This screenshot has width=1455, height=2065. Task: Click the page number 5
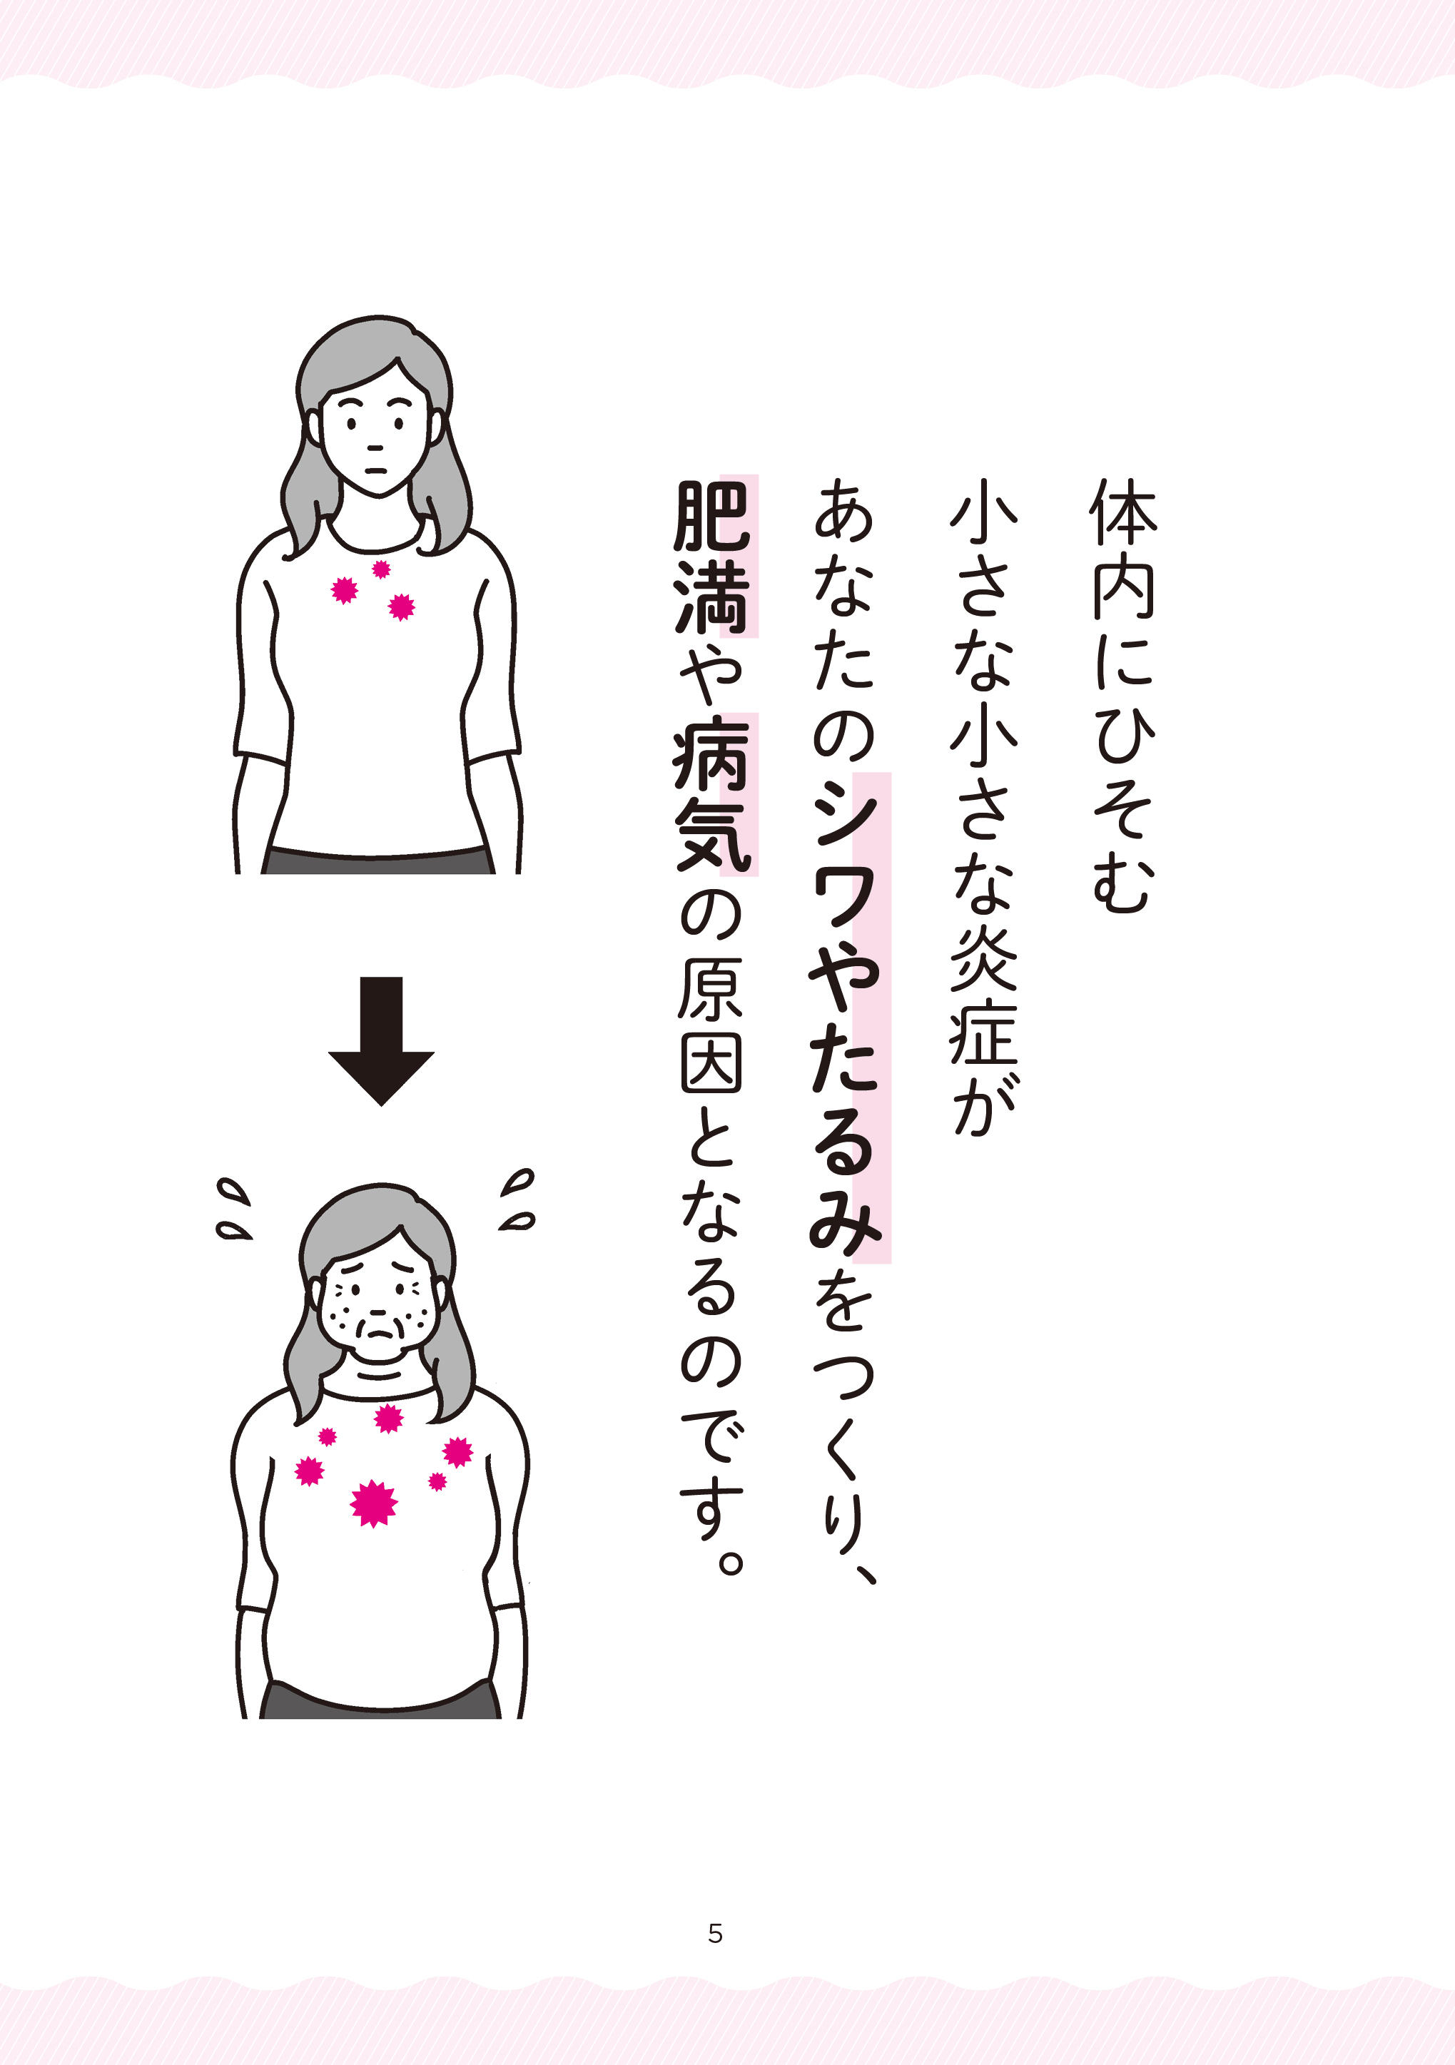tap(715, 1933)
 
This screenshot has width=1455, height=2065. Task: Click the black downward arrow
tap(381, 1040)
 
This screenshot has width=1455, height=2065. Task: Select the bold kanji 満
tap(711, 597)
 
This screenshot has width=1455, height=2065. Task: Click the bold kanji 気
tap(712, 836)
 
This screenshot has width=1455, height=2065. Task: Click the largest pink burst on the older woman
tap(374, 1503)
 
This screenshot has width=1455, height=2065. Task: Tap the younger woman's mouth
tap(377, 470)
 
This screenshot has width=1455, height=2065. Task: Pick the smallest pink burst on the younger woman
tap(381, 569)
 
